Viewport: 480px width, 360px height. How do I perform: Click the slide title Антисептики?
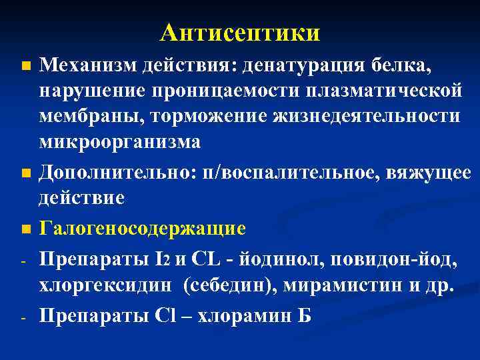[x=240, y=31]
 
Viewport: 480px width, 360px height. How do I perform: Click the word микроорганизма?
[x=119, y=141]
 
